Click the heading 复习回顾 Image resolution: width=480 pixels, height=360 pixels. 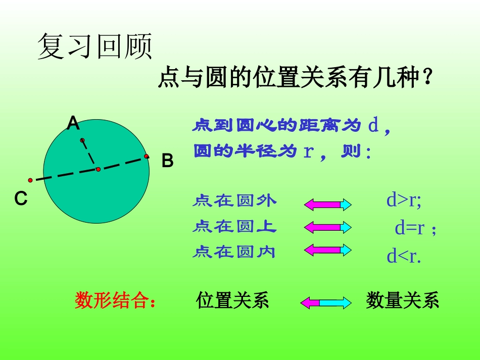coord(95,46)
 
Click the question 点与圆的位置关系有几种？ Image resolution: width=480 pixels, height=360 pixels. coord(295,79)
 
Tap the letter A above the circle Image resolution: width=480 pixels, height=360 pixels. coord(73,124)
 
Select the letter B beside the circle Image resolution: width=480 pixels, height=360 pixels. coord(167,161)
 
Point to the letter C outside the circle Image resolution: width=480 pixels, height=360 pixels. coord(21,199)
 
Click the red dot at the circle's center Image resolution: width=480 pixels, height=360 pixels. coord(98,169)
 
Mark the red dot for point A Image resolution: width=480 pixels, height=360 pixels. coord(82,140)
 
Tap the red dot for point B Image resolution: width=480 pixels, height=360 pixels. coord(147,157)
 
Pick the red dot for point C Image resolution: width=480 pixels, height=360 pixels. coord(30,180)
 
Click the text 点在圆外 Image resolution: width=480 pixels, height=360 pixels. coord(234,201)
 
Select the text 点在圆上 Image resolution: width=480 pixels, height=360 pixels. coord(234,227)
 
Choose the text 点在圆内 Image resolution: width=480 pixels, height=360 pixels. coord(234,251)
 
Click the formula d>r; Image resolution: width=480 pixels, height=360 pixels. coord(404,200)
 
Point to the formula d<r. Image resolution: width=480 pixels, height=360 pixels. coord(404,256)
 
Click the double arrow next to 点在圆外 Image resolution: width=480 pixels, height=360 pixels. coord(327,204)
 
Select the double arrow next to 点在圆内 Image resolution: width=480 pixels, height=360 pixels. coord(327,249)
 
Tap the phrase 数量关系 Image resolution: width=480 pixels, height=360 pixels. coord(402,301)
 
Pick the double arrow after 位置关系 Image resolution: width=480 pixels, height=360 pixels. coord(326,302)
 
